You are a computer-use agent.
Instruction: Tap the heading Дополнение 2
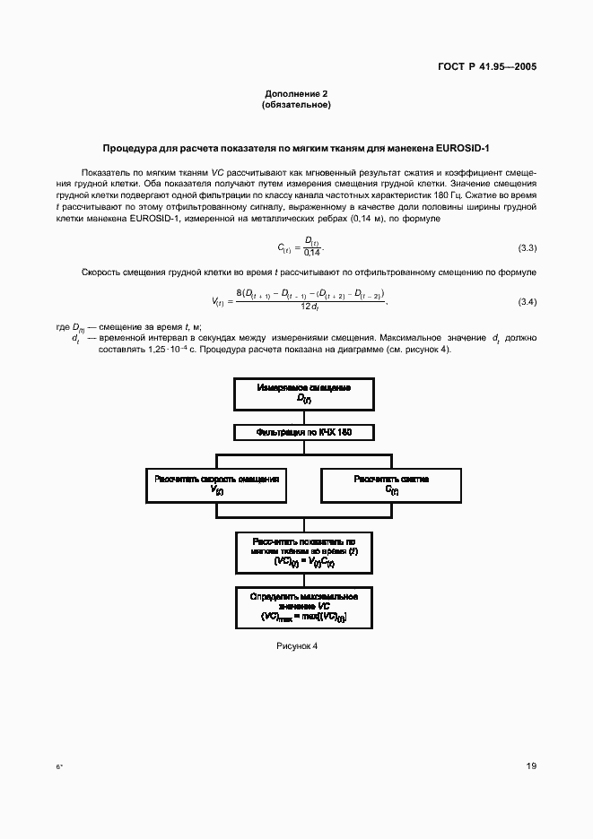click(x=296, y=94)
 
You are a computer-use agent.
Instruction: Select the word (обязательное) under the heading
click(x=296, y=105)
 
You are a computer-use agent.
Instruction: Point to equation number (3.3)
click(x=528, y=247)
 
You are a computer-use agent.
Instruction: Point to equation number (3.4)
click(x=528, y=301)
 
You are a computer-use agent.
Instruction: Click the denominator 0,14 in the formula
click(x=312, y=253)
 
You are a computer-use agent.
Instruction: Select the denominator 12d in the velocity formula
click(x=310, y=307)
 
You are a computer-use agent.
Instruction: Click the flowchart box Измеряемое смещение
click(x=303, y=392)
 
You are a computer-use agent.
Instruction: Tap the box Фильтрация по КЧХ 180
click(x=303, y=432)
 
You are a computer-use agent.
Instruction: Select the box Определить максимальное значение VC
click(x=303, y=607)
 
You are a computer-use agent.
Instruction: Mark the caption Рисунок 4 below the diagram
click(x=296, y=646)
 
